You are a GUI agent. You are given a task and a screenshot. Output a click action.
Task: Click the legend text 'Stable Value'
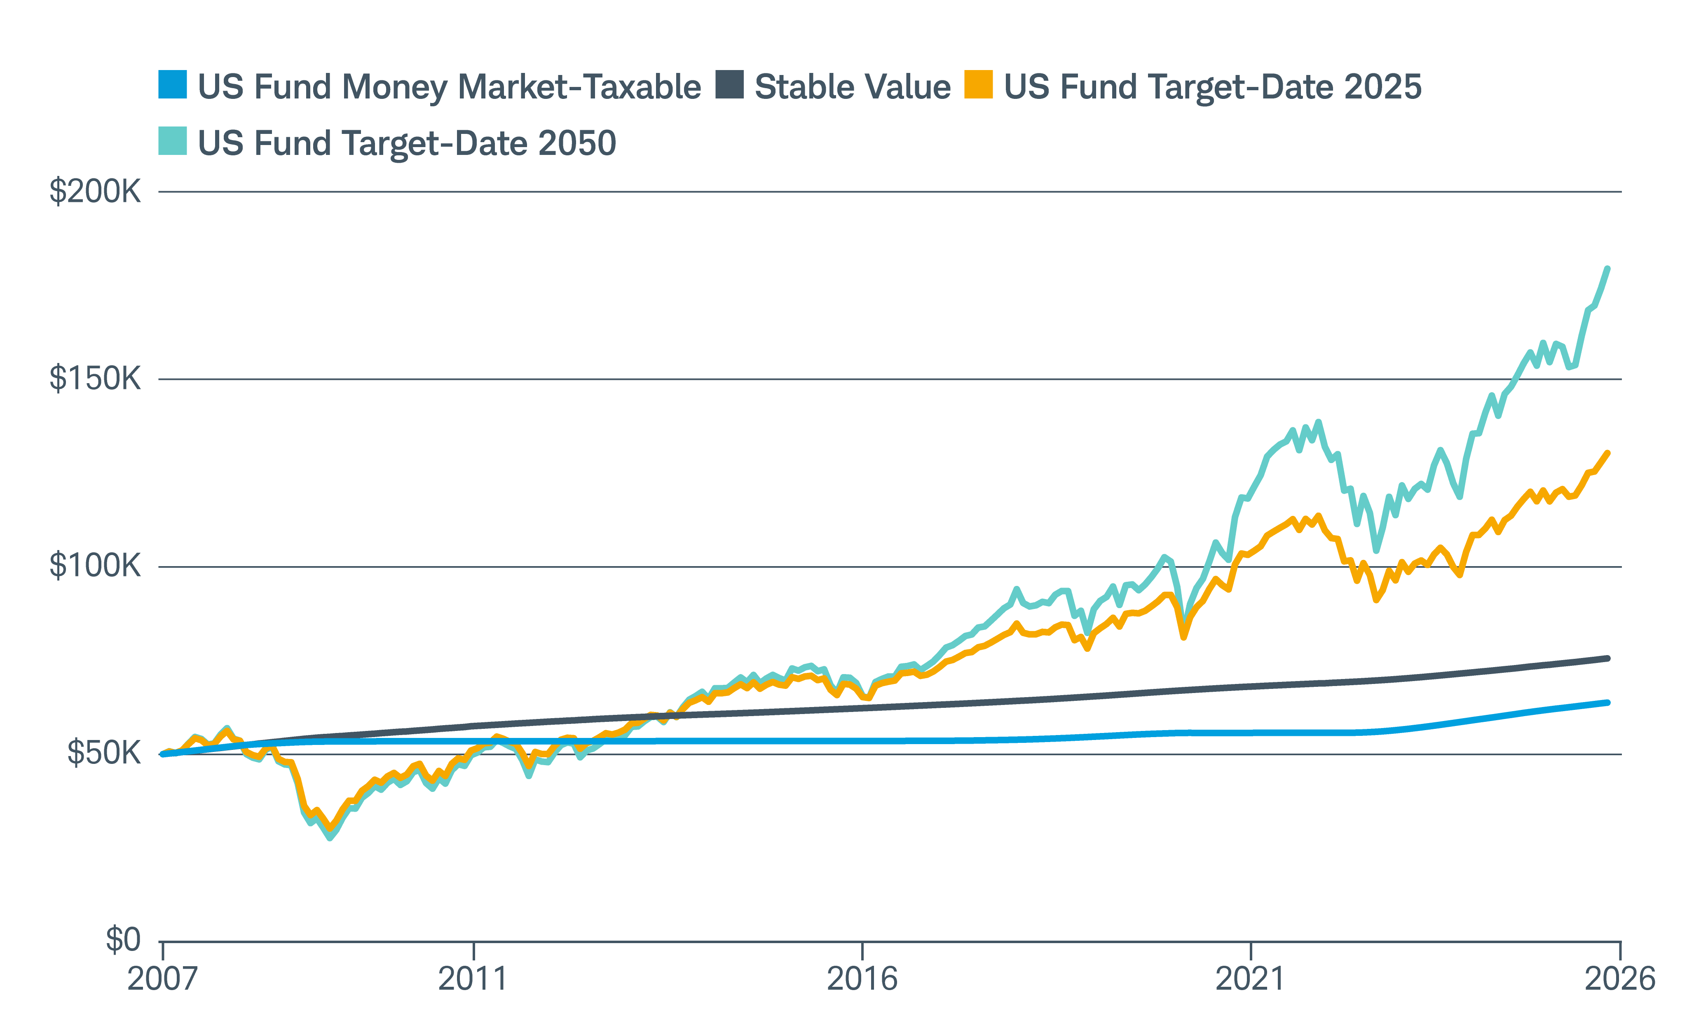(853, 87)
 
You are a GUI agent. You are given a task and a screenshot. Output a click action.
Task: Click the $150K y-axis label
(95, 379)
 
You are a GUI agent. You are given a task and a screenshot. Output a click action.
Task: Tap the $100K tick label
(95, 566)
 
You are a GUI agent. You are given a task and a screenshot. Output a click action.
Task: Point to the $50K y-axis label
(103, 753)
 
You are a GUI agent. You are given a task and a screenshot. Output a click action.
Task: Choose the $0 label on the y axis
(122, 940)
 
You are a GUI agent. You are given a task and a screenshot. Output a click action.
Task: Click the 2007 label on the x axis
(162, 979)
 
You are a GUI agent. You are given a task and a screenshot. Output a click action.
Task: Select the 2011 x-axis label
(473, 979)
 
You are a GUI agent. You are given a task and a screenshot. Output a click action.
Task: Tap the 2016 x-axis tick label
(862, 979)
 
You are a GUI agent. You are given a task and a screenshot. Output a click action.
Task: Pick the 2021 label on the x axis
(1250, 979)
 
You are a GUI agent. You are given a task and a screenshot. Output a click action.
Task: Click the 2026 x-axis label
(1619, 979)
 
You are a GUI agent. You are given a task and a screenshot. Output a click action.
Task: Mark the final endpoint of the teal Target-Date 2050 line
(1608, 269)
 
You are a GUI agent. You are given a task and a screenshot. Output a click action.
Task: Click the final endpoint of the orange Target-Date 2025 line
(1608, 453)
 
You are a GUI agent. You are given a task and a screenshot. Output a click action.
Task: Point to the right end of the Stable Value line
(1608, 658)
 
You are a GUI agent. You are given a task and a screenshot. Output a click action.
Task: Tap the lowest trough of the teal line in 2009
(330, 838)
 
